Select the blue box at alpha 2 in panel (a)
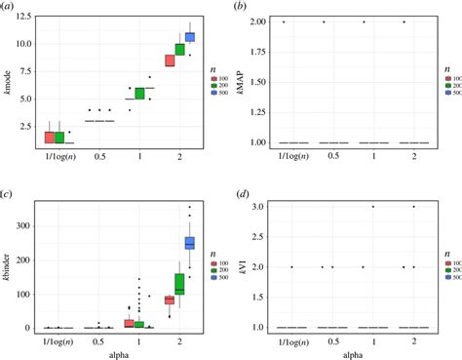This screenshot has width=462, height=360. click(x=190, y=37)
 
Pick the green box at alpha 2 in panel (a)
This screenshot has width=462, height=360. click(x=179, y=50)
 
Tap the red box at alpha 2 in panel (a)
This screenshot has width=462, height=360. click(x=169, y=60)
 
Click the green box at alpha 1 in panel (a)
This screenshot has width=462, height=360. click(x=139, y=94)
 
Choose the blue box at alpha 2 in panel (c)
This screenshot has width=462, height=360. click(x=190, y=243)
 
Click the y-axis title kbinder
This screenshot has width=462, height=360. click(x=9, y=263)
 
